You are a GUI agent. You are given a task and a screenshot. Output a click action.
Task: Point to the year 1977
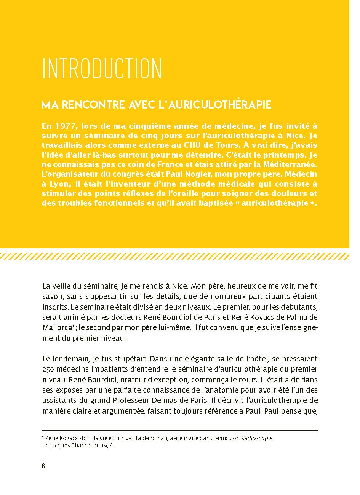coord(61,126)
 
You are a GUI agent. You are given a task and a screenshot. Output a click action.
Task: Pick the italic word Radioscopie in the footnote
coord(257,438)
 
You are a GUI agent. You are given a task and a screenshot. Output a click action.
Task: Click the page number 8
coord(43,466)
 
